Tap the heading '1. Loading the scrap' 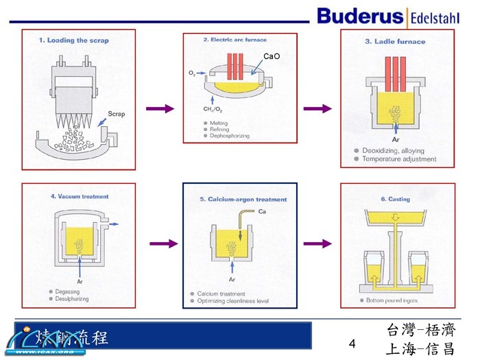(73, 40)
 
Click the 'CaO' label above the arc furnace (272, 56)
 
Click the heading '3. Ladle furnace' (394, 42)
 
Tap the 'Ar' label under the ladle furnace (396, 139)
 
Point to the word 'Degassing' (69, 291)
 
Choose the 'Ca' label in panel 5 (262, 211)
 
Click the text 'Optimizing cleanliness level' (232, 300)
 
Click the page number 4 (352, 343)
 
